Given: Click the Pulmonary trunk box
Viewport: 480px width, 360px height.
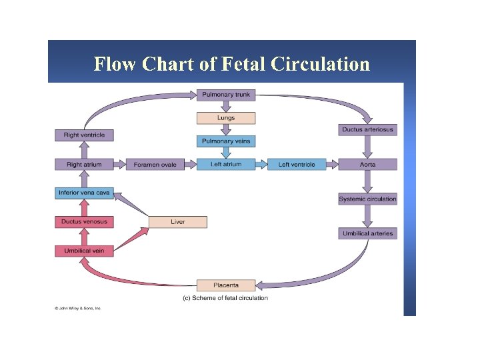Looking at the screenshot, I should click(x=226, y=95).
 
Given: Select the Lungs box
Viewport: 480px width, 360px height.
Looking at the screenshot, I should click(x=226, y=118).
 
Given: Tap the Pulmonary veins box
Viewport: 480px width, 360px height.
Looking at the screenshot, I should click(x=226, y=141).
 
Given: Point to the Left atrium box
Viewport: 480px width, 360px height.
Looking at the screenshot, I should click(x=226, y=164).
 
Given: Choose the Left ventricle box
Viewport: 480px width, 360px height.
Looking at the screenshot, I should click(x=297, y=164).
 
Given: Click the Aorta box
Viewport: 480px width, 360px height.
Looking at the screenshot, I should click(x=368, y=164).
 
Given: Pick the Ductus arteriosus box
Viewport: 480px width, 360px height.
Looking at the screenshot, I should click(x=368, y=129).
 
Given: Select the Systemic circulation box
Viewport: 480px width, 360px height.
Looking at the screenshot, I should click(x=368, y=199).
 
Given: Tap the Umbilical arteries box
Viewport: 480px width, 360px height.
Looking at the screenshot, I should click(x=368, y=233).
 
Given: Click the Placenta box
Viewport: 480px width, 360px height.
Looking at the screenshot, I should click(x=226, y=285).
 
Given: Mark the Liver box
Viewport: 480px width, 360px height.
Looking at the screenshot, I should click(x=177, y=221).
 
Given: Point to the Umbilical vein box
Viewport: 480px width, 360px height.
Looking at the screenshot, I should click(x=84, y=251).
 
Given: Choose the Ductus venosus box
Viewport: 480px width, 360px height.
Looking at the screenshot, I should click(x=84, y=221).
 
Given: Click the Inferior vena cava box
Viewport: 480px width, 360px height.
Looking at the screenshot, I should click(x=84, y=193).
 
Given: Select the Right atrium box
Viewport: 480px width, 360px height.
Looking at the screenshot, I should click(x=84, y=164).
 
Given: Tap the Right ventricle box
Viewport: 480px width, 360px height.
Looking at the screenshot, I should click(x=84, y=135).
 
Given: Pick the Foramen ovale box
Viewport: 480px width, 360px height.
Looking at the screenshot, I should click(x=155, y=164).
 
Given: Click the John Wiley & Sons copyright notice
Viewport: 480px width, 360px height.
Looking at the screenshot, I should click(x=77, y=309).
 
